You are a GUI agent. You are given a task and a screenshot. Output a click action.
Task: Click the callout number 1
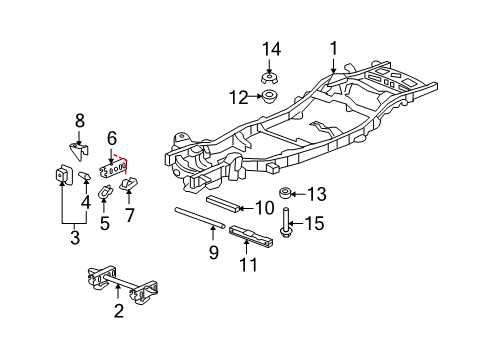click(x=334, y=46)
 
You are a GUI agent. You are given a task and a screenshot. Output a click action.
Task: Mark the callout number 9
click(x=213, y=254)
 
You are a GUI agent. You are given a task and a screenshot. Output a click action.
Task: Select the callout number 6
click(x=112, y=137)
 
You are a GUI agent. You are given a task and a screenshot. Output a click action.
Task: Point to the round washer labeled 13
click(x=286, y=193)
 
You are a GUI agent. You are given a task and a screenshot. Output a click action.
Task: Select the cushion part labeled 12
click(x=268, y=97)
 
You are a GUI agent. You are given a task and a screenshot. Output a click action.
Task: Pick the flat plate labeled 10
click(x=225, y=206)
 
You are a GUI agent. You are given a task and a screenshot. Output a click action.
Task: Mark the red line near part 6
click(x=123, y=158)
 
